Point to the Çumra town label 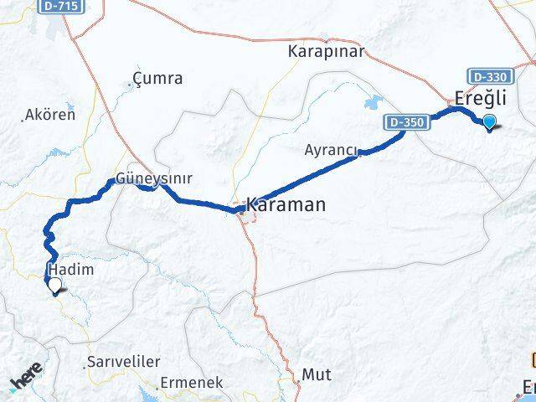tap(158, 80)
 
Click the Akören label tap(50, 115)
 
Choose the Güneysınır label tap(154, 178)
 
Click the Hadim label tap(71, 270)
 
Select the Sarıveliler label tap(122, 363)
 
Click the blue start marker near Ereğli tap(489, 122)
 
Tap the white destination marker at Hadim tap(54, 286)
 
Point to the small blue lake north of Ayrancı tap(371, 105)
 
